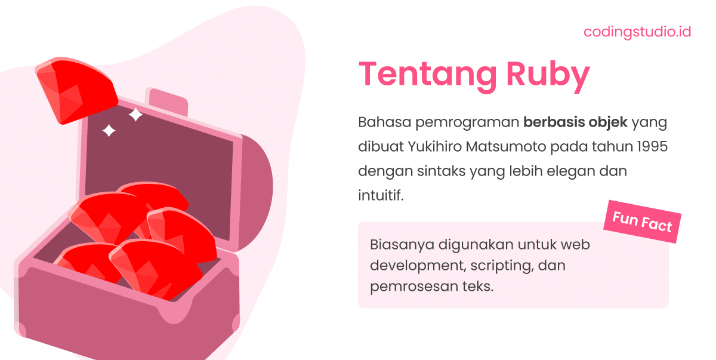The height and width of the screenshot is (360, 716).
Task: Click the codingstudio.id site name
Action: [x=637, y=32]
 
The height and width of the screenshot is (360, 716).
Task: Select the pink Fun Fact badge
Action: [x=642, y=222]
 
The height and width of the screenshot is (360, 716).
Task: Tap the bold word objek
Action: [x=607, y=122]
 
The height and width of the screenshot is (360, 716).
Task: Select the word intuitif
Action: [x=381, y=195]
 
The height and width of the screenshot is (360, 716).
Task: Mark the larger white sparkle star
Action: [x=136, y=115]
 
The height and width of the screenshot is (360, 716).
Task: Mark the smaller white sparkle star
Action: [x=109, y=130]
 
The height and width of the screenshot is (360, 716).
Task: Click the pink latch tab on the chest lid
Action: [x=168, y=102]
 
